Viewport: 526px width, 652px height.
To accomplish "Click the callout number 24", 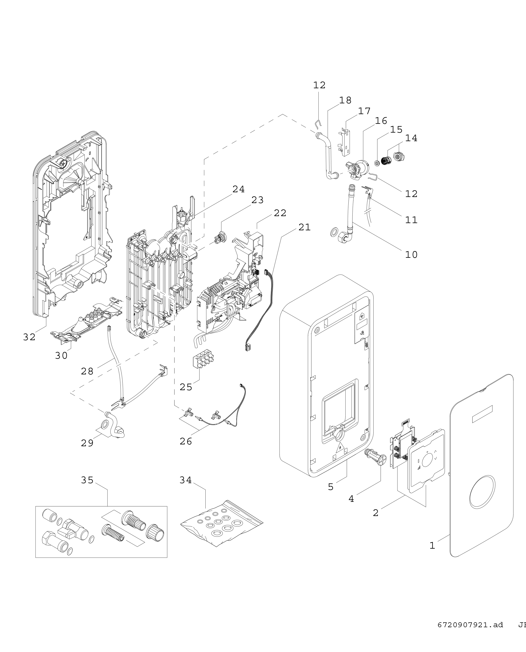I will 239,189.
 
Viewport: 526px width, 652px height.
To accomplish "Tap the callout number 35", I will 87,480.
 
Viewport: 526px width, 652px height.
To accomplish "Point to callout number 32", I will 29,337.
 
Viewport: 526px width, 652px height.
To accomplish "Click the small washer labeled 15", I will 377,164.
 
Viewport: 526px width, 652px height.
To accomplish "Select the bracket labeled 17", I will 345,141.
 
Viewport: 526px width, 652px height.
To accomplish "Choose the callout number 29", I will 87,443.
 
